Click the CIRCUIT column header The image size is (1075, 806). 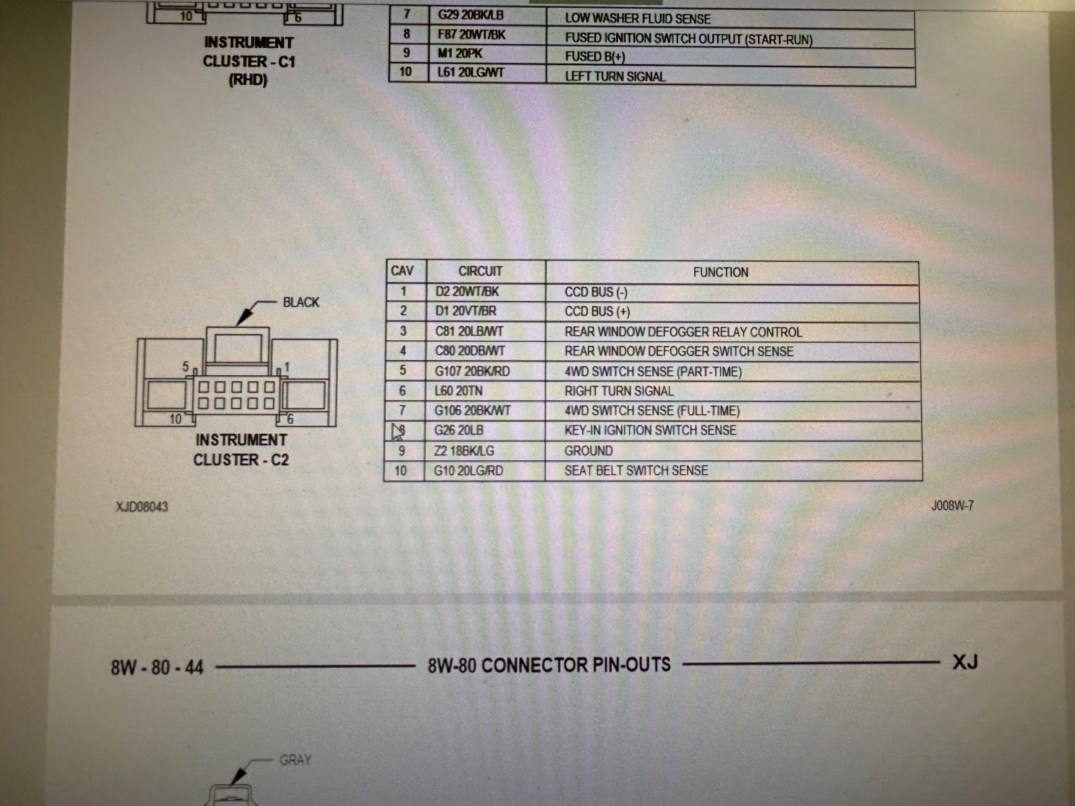pyautogui.click(x=480, y=271)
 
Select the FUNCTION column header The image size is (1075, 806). pyautogui.click(x=720, y=272)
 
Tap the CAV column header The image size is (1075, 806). pyautogui.click(x=402, y=271)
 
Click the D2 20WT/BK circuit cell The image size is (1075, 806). pyautogui.click(x=467, y=291)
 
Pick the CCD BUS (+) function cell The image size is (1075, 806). pyautogui.click(x=597, y=311)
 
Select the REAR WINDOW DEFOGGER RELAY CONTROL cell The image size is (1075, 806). pyautogui.click(x=683, y=332)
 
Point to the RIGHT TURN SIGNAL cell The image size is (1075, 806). pyautogui.click(x=619, y=391)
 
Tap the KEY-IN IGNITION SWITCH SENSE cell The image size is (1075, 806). pyautogui.click(x=650, y=430)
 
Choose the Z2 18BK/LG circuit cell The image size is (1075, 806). pyautogui.click(x=464, y=451)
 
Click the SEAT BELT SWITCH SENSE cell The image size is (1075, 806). pyautogui.click(x=636, y=471)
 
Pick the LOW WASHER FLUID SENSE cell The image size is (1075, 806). pyautogui.click(x=637, y=19)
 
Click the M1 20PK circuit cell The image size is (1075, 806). pyautogui.click(x=459, y=53)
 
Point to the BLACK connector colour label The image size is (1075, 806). pyautogui.click(x=301, y=302)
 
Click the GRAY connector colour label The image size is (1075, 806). pyautogui.click(x=295, y=760)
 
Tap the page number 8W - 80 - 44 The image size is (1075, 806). pyautogui.click(x=157, y=668)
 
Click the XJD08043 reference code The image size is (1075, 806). pyautogui.click(x=142, y=507)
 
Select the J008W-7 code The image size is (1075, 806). pyautogui.click(x=952, y=506)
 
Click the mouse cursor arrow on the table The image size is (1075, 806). pyautogui.click(x=397, y=431)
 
